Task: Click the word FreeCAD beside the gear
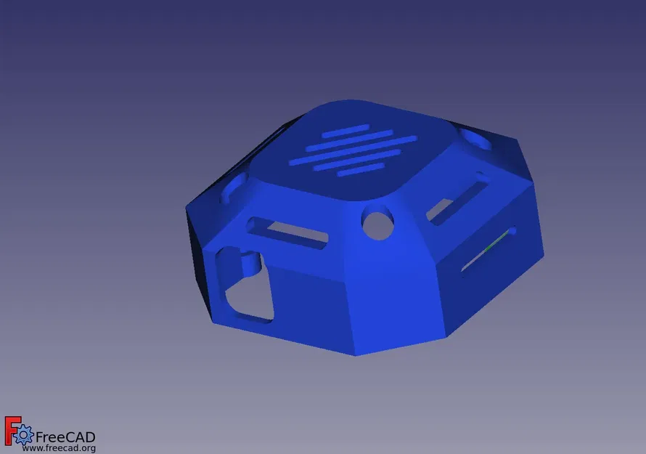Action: pos(65,437)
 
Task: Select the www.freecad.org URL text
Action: pos(59,448)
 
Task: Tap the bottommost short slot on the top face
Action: pos(359,171)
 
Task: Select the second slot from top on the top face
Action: pos(348,137)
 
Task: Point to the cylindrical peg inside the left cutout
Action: pos(250,262)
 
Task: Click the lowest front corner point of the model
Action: pos(356,355)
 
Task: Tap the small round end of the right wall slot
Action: pos(512,232)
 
